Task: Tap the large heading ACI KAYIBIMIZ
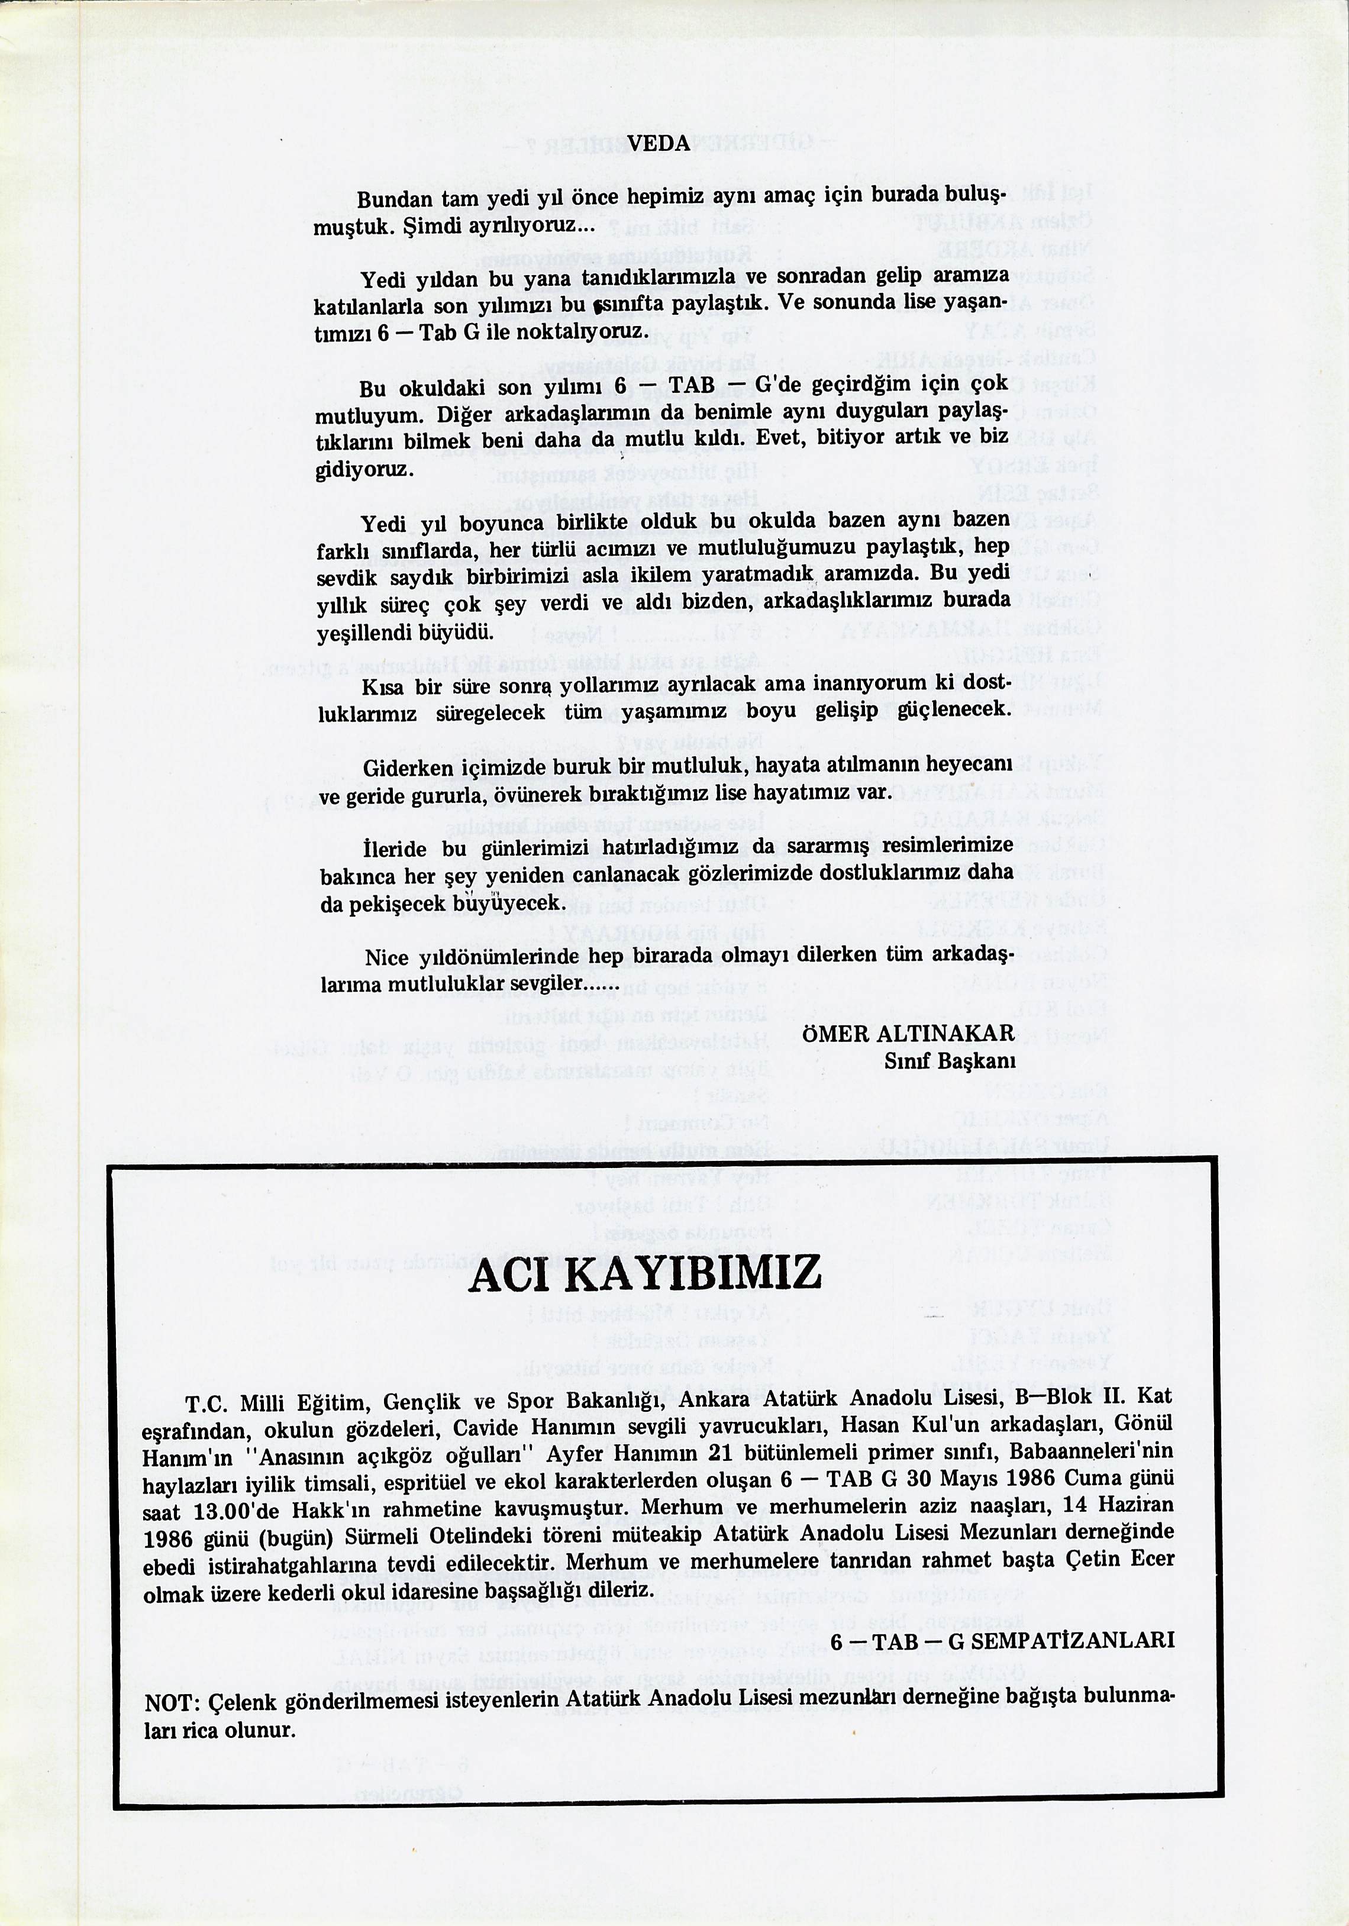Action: tap(645, 1273)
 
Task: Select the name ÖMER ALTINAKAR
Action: tap(908, 1034)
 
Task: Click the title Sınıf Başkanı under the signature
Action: tap(950, 1061)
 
